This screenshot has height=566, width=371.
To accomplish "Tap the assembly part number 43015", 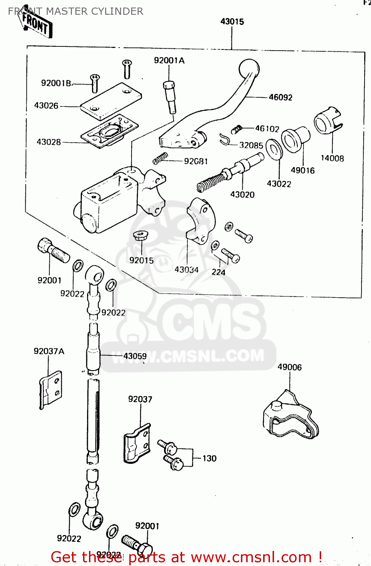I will coord(232,22).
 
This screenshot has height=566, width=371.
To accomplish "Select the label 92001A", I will coord(169,60).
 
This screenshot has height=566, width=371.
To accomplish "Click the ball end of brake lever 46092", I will coord(249,69).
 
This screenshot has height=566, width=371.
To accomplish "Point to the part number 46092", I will coord(281,97).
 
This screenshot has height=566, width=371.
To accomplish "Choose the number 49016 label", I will coord(302,171).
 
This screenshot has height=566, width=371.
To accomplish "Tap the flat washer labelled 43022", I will coord(274,149).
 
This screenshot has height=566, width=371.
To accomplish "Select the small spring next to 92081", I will coord(160,158).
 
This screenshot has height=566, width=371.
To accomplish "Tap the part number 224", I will coord(218,272).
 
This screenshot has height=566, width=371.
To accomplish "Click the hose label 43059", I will coord(135,356).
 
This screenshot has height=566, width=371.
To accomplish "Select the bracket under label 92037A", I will coord(51,389).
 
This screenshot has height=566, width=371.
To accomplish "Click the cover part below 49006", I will coord(290,417).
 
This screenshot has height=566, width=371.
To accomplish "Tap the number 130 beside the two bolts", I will coord(209,458).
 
